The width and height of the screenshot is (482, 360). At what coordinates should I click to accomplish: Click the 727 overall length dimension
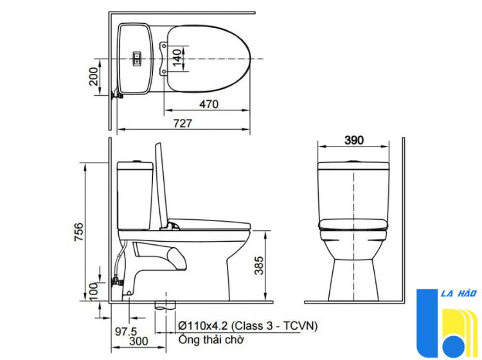(x=183, y=123)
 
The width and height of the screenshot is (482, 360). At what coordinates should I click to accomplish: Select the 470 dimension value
(x=209, y=104)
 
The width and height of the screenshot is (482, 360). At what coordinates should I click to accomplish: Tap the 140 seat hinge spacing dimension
(x=177, y=58)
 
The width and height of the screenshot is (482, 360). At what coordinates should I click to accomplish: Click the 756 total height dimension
(x=78, y=232)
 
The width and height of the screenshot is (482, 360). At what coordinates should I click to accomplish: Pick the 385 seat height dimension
(x=259, y=265)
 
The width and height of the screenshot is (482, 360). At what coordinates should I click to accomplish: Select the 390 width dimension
(x=354, y=140)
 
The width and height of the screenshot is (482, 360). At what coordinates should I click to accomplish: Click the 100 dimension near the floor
(x=93, y=291)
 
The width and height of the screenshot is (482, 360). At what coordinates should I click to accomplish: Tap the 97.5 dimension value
(x=126, y=331)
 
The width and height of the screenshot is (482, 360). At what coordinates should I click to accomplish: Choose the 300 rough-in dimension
(x=138, y=341)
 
